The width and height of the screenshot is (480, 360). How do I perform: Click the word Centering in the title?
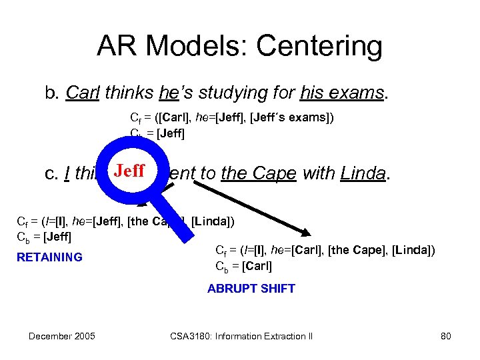[319, 46]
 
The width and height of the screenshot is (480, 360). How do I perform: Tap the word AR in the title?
[119, 46]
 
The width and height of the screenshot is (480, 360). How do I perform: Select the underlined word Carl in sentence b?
[83, 93]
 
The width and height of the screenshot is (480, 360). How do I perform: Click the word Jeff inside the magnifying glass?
[129, 171]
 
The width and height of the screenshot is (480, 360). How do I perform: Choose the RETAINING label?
[49, 257]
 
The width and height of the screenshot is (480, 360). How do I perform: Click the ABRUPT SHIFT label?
[251, 289]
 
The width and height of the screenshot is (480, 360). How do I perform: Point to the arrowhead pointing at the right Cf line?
[305, 232]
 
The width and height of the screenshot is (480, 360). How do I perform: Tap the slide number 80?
[446, 336]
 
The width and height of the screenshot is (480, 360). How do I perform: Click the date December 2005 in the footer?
[61, 336]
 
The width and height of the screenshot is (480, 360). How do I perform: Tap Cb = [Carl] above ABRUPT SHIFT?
[244, 267]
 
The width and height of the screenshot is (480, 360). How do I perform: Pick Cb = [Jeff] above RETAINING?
[43, 237]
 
